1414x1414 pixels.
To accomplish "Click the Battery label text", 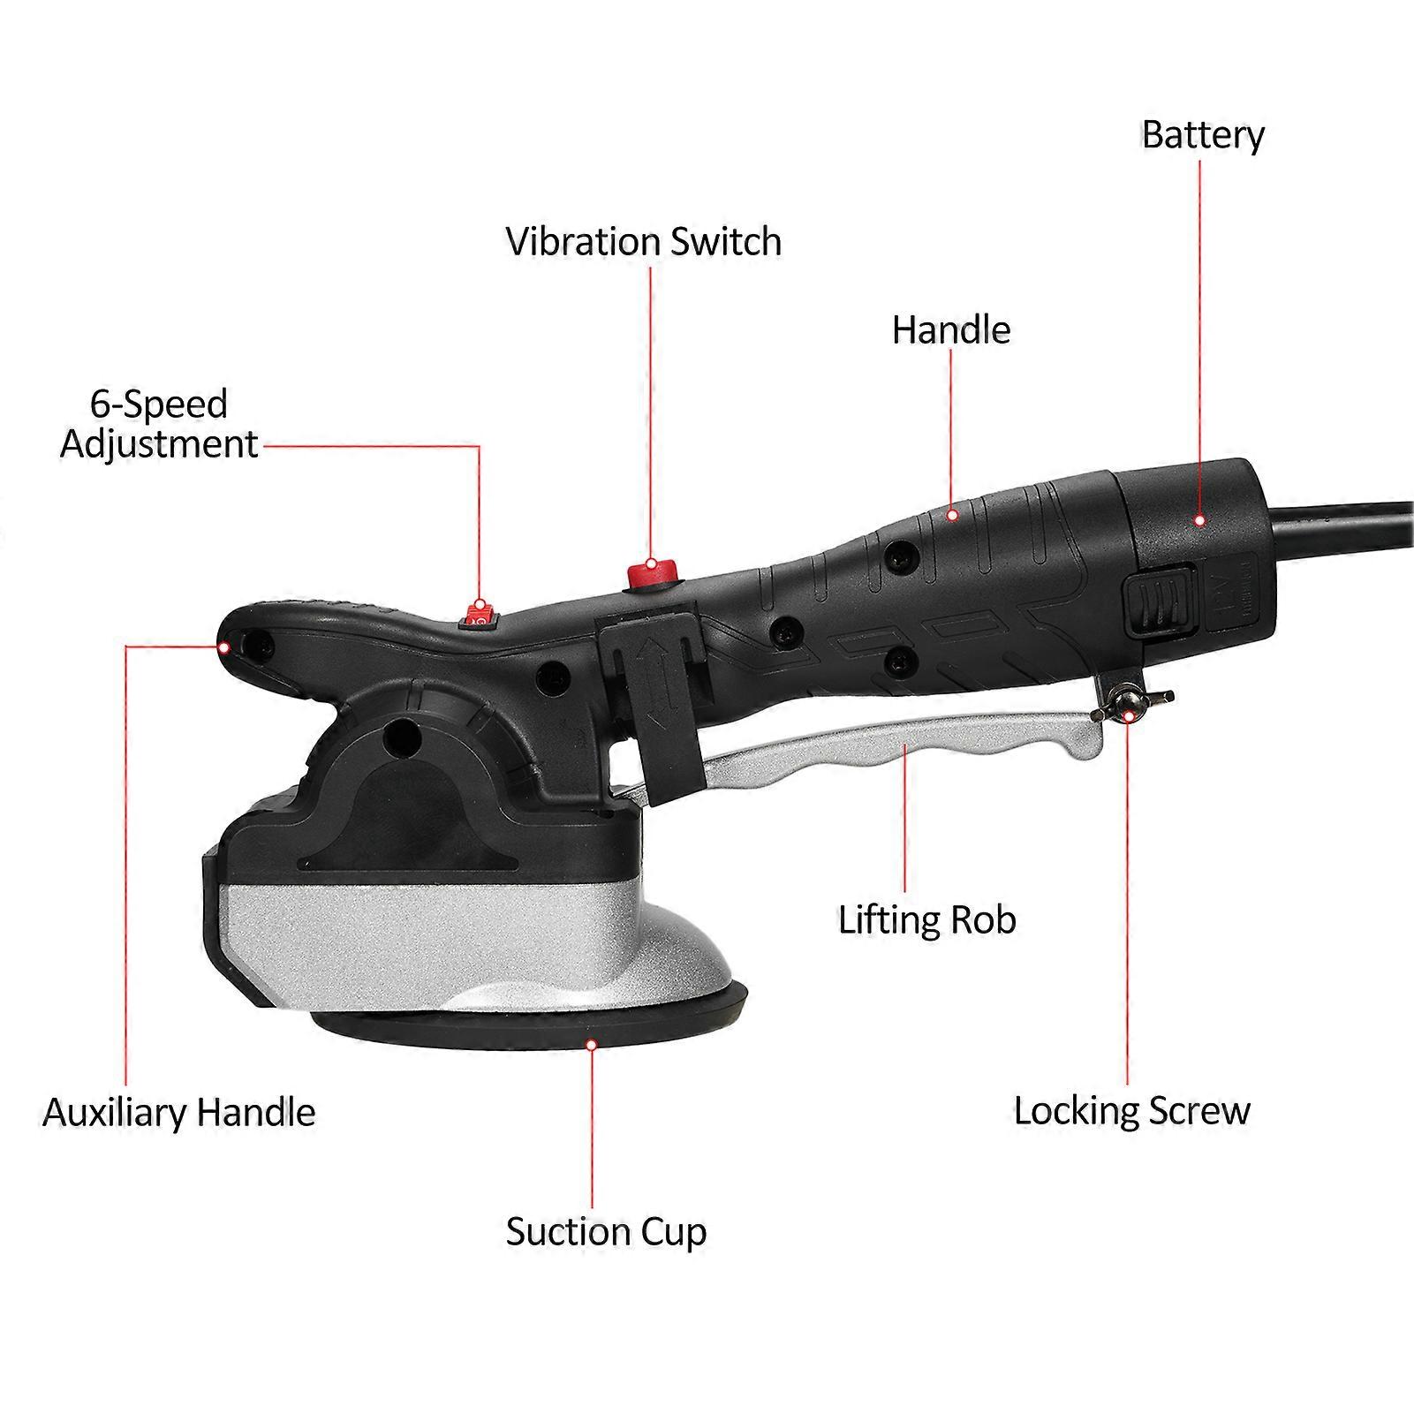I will tap(1202, 135).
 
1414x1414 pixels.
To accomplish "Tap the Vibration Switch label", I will tap(643, 242).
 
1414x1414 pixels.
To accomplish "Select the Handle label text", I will tap(950, 330).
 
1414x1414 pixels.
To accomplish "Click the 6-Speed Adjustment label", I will tap(159, 424).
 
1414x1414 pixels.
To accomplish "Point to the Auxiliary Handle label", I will tap(178, 1112).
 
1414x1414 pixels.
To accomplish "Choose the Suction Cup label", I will tap(606, 1232).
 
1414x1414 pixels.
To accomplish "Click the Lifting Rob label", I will tap(926, 920).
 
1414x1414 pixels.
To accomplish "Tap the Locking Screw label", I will tap(1131, 1111).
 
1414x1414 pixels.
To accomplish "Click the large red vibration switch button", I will tap(651, 572).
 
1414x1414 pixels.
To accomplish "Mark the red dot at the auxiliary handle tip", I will tap(224, 647).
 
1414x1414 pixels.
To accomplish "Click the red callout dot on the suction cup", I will tap(592, 1044).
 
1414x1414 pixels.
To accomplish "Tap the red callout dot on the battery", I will tap(1199, 520).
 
